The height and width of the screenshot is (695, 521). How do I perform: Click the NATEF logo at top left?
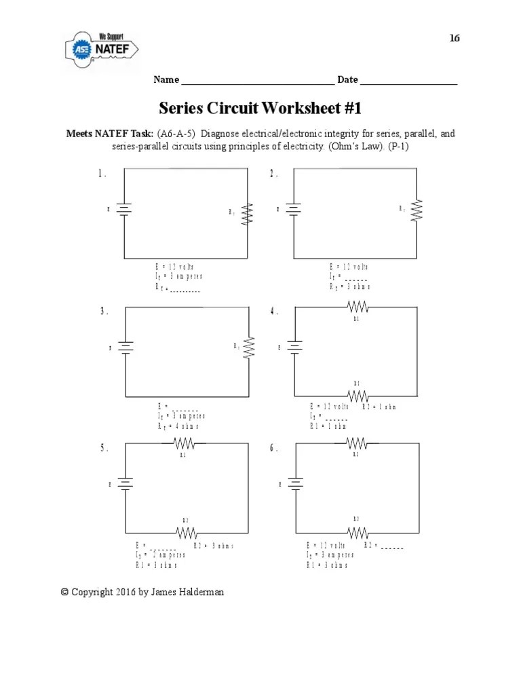click(101, 50)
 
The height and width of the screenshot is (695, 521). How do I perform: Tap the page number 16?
click(455, 38)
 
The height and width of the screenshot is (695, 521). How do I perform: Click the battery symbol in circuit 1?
click(123, 210)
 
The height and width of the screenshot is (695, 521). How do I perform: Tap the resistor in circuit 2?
click(417, 210)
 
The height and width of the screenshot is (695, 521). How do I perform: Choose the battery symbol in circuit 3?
click(126, 347)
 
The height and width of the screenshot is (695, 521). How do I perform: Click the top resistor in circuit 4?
click(358, 307)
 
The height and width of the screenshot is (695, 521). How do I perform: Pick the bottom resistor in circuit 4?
click(358, 396)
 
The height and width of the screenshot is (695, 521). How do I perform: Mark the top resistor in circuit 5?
click(185, 444)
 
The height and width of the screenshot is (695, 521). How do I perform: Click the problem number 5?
click(104, 448)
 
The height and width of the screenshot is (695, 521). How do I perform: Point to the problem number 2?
click(273, 174)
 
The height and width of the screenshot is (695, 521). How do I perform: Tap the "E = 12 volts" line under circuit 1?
click(175, 267)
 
